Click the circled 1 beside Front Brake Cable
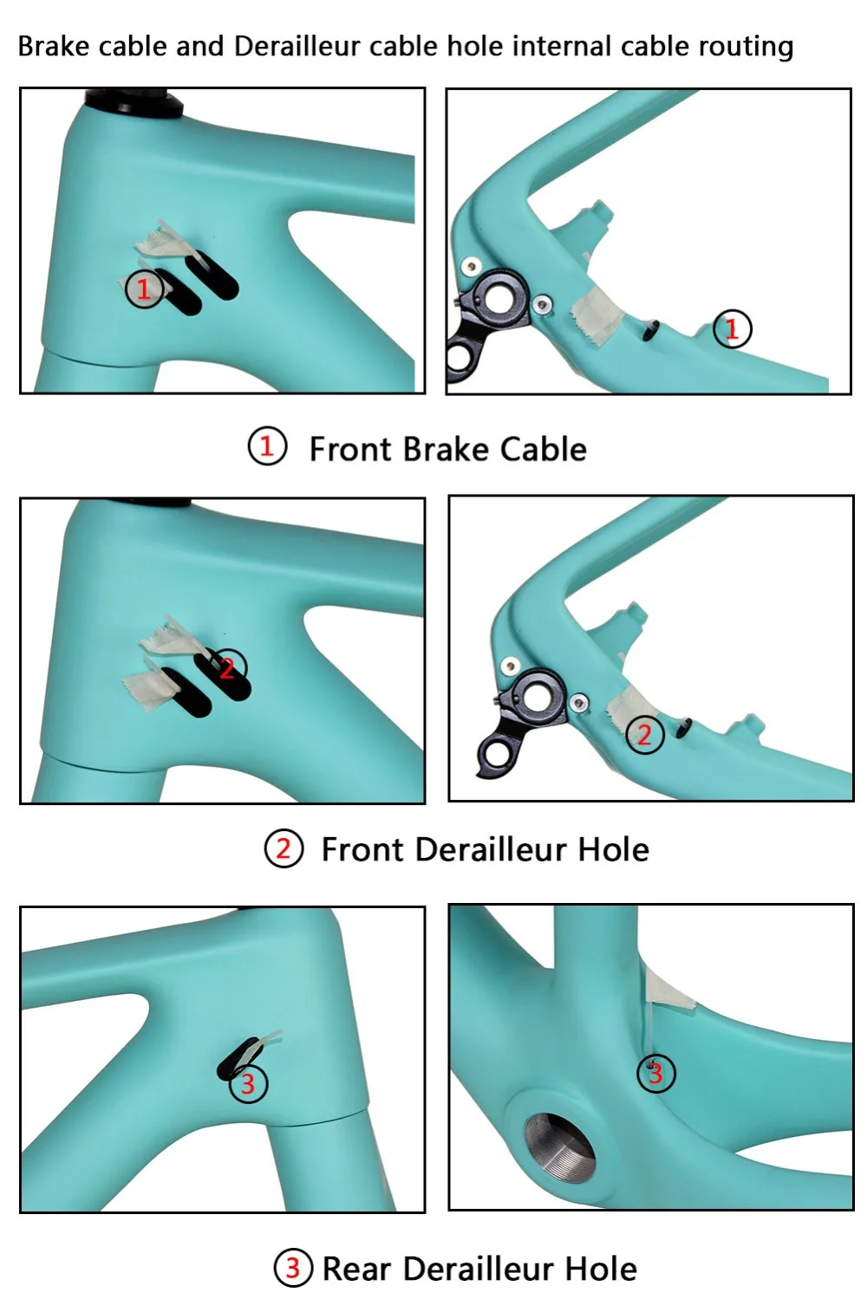pos(267,446)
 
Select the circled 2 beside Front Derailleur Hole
pos(284,848)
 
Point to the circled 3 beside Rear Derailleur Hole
pos(293,1268)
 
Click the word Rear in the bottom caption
pos(357,1269)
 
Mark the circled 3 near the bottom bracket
pos(655,1074)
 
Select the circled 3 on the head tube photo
pos(248,1083)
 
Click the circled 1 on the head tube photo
pos(144,288)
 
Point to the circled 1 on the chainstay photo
pos(733,328)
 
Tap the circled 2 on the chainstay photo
pos(645,735)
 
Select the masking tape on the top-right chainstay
pos(596,316)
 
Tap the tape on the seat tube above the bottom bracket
pos(668,990)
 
